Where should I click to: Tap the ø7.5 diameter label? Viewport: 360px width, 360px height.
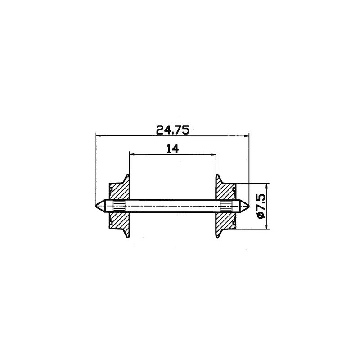click(x=261, y=207)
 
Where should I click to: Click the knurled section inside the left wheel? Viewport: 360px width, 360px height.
click(x=118, y=206)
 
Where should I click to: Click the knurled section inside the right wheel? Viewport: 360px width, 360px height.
click(x=226, y=206)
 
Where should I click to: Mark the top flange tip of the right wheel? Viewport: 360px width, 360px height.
click(x=217, y=175)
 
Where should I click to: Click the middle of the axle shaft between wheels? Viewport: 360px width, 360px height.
click(x=173, y=206)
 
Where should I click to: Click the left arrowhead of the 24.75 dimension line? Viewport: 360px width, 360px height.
click(x=99, y=135)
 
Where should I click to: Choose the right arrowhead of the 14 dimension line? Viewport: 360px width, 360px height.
click(x=214, y=154)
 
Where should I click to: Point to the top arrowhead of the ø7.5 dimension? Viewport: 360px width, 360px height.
click(x=267, y=185)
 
